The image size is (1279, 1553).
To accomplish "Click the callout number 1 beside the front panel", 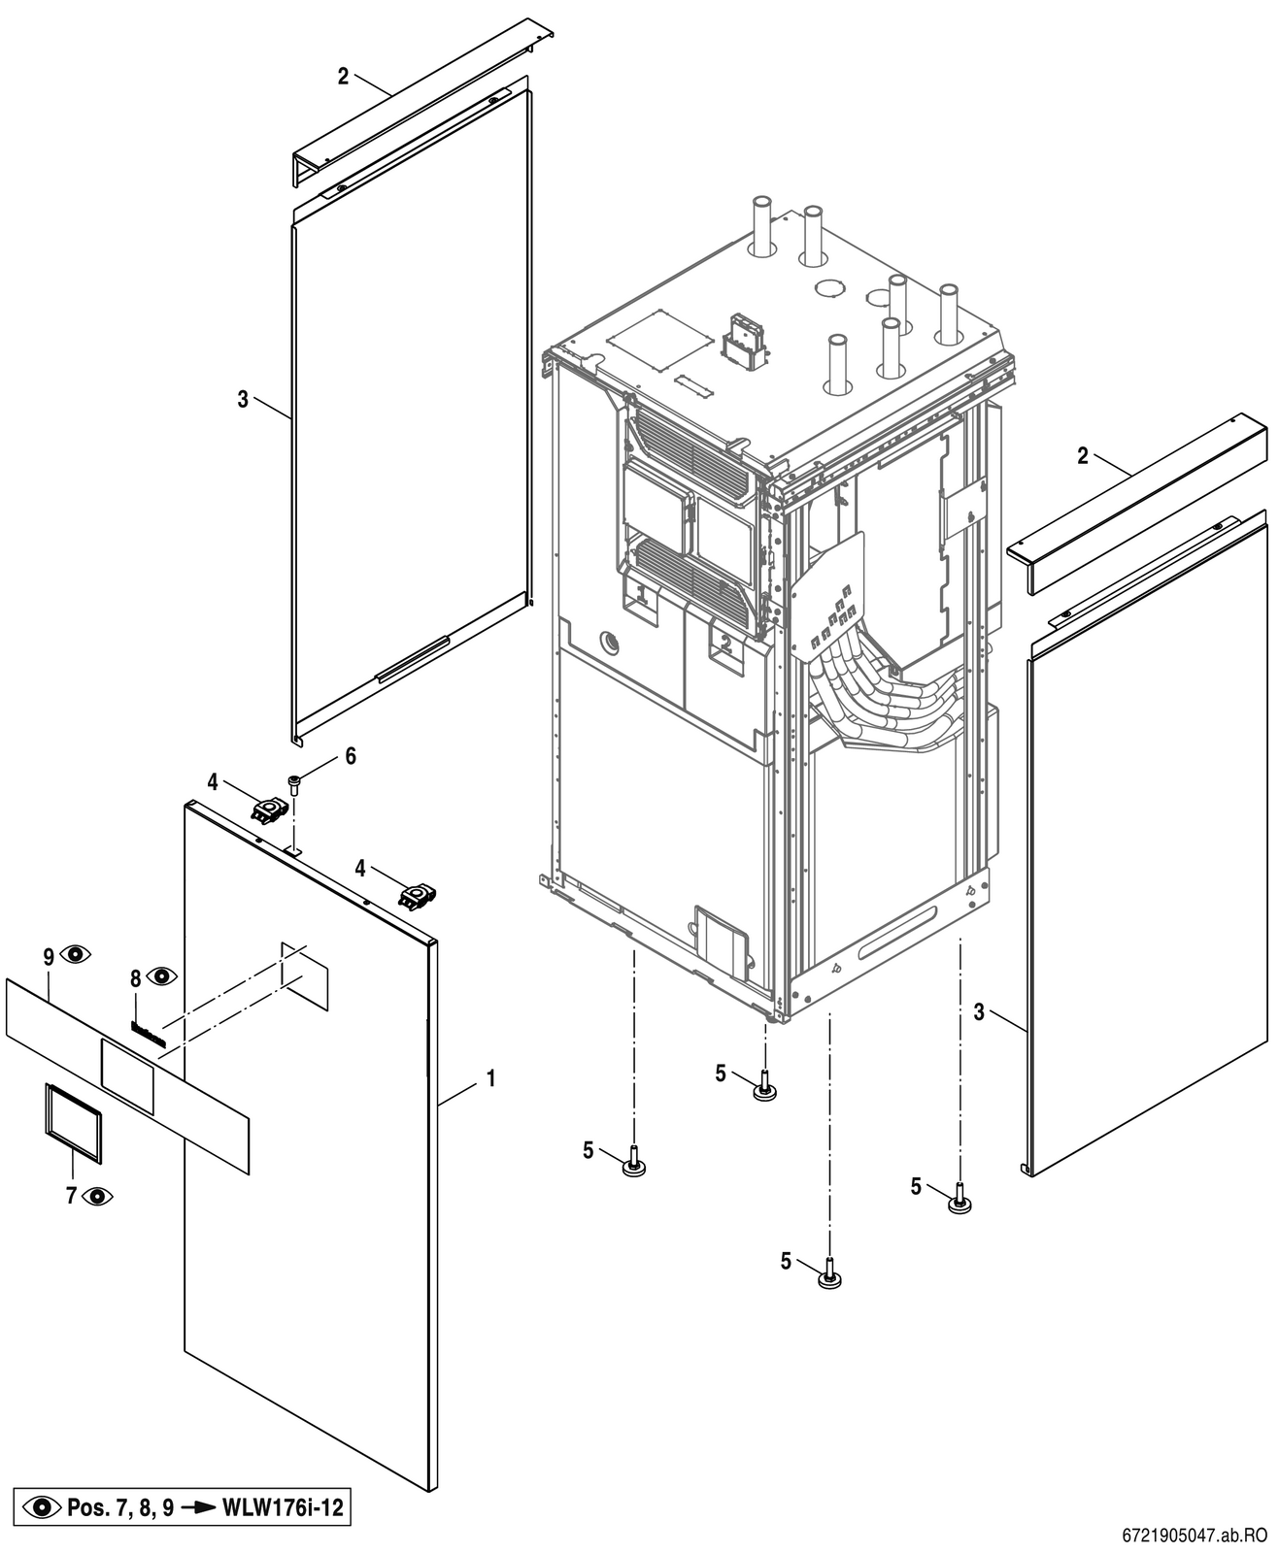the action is [x=489, y=1078].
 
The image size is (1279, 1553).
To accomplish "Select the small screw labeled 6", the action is [x=294, y=784].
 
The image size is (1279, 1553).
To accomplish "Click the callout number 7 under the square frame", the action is [x=72, y=1196].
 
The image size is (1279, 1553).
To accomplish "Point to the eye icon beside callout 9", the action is [x=75, y=954].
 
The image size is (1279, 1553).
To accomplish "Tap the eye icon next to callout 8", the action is [x=161, y=976].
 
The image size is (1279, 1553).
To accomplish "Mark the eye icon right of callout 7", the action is [x=97, y=1196].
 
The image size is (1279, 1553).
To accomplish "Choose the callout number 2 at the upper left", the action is [x=344, y=76].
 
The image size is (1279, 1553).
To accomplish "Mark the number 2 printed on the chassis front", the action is [x=725, y=644].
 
